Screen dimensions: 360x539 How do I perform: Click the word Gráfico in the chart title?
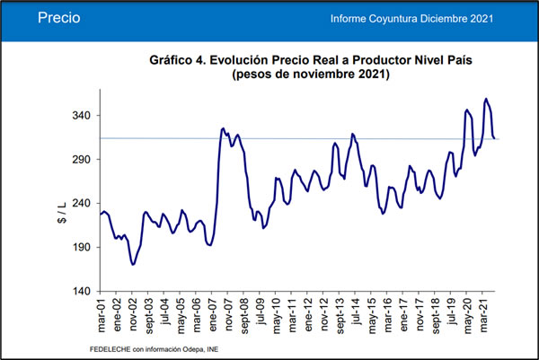point(176,60)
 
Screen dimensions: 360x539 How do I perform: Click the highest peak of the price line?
point(486,99)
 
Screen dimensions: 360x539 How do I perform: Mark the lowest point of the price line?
point(133,265)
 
